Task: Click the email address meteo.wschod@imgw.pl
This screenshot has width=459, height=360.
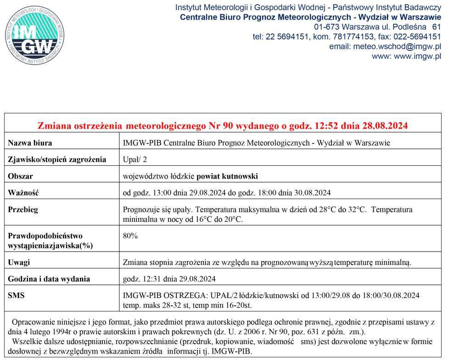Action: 385,46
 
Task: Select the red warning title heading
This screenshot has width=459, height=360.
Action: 223,125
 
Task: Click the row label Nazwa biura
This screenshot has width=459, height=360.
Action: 30,143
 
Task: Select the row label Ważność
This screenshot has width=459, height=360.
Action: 23,193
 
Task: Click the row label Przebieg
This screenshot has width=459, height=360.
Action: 23,209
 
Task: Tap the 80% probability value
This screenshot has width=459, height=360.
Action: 130,236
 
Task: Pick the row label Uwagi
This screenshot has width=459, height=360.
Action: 19,262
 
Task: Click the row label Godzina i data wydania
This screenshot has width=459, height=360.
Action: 49,279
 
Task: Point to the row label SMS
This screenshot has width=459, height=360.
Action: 17,295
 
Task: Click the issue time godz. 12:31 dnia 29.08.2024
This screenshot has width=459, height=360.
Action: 169,279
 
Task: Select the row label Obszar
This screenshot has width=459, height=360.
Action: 21,176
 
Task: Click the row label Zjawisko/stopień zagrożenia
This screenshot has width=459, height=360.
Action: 57,159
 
